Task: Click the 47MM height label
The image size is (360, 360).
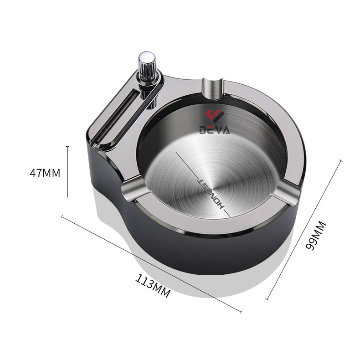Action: click(45, 173)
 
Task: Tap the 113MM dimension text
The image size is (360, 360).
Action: click(153, 286)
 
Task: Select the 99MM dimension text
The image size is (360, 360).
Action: click(316, 235)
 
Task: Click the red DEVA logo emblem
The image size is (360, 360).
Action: click(215, 116)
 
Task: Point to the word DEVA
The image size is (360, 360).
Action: click(215, 130)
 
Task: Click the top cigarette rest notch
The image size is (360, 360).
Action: click(213, 88)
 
